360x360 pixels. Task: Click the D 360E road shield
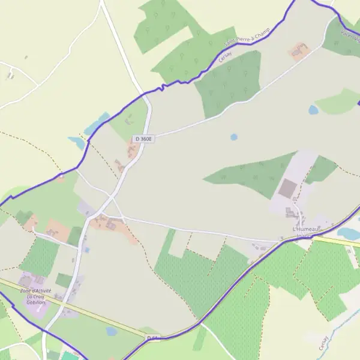144,139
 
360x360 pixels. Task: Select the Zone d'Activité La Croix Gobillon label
36,296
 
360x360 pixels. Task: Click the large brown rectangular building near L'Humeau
288,188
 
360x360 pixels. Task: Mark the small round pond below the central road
234,137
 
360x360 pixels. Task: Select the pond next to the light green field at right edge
313,110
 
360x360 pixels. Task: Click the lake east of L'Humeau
347,232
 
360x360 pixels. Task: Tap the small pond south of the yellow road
112,331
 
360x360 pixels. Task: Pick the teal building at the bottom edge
70,356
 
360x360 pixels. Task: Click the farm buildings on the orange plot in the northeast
298,52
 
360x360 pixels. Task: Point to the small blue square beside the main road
87,250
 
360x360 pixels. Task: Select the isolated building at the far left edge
10,75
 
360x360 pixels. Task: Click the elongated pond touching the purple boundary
97,124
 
